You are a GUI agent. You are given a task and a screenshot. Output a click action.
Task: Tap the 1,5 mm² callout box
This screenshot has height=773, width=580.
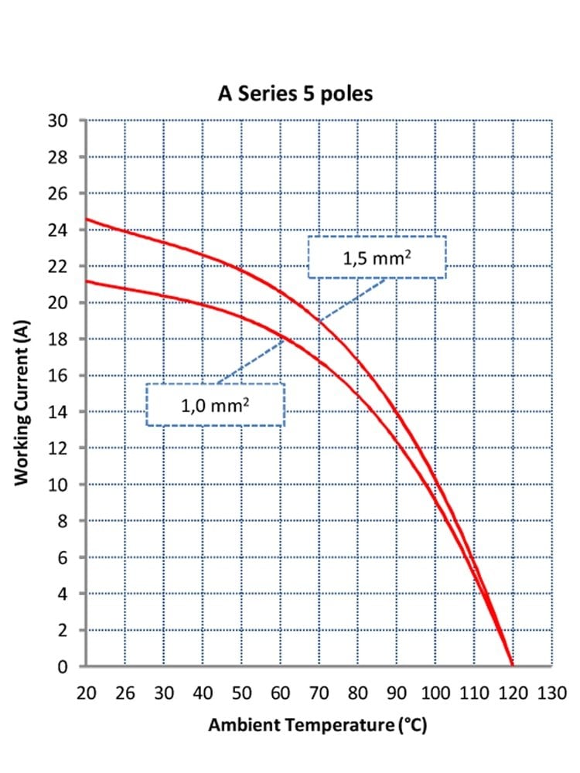pos(377,257)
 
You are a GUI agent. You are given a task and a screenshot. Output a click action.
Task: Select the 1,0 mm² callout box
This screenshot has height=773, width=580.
pos(216,404)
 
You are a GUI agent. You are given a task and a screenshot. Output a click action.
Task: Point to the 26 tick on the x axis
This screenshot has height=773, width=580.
pos(125,693)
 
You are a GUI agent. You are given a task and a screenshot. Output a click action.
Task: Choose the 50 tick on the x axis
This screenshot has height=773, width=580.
pos(241,693)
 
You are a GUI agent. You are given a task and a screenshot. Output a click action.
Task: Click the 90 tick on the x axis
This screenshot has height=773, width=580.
pos(397,693)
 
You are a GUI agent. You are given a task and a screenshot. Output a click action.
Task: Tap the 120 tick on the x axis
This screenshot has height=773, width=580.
pos(513,693)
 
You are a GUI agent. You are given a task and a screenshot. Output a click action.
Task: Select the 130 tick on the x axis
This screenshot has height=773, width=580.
pos(551,693)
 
